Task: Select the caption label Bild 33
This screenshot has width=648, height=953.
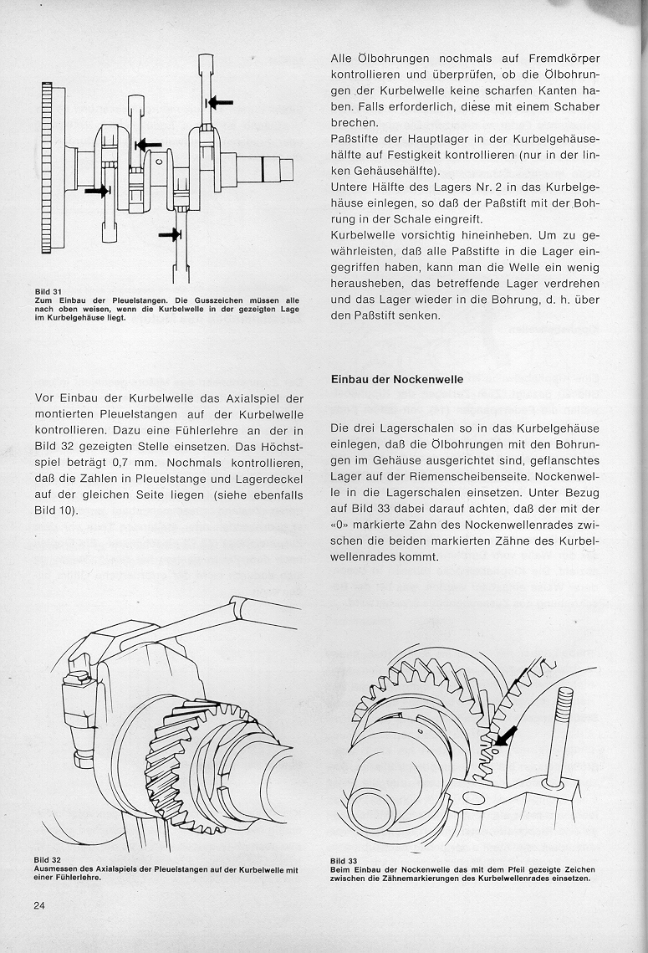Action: pos(344,861)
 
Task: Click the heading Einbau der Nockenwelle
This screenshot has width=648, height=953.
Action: pos(397,379)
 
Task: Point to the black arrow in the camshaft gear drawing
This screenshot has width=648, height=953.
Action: pos(504,736)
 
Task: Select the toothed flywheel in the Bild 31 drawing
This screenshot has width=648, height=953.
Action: pos(47,167)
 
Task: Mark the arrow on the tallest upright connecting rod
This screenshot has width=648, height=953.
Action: pos(220,102)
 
